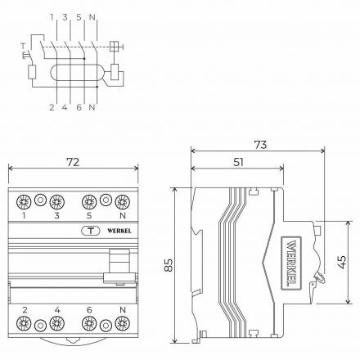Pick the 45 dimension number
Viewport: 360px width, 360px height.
point(341,262)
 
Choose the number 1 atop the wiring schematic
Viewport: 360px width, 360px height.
point(51,16)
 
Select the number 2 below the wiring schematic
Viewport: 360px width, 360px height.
point(51,107)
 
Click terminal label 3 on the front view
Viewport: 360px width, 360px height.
point(57,217)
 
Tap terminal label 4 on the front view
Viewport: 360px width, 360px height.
point(57,311)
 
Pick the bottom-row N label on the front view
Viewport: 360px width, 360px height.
point(123,311)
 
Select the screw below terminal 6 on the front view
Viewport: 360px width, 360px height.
point(90,326)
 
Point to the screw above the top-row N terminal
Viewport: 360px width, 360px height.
point(123,200)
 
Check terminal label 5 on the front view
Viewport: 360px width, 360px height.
point(90,217)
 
